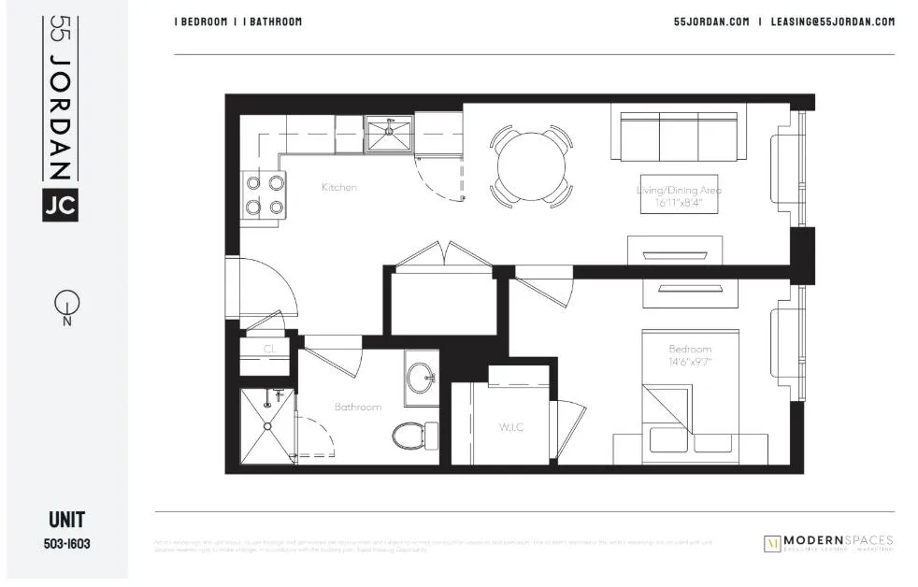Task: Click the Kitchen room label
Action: tap(338, 188)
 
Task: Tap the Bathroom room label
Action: tap(358, 407)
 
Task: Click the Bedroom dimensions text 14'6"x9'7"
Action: tap(690, 361)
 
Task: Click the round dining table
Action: tap(531, 166)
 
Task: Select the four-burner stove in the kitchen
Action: tap(265, 195)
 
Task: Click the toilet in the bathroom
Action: tap(413, 434)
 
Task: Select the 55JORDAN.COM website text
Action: tap(711, 21)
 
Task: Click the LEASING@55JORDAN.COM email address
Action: tap(833, 21)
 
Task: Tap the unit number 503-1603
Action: tap(66, 542)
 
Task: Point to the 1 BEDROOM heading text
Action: tap(201, 21)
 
